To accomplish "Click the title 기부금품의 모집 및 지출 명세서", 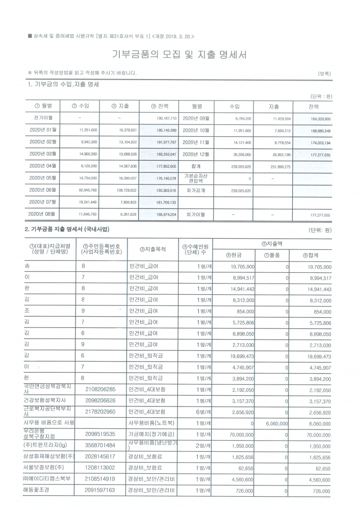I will [x=179, y=55].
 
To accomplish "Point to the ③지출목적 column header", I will [x=152, y=249].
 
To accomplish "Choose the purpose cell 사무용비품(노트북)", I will [x=151, y=423].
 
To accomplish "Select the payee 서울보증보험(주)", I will [x=44, y=468].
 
